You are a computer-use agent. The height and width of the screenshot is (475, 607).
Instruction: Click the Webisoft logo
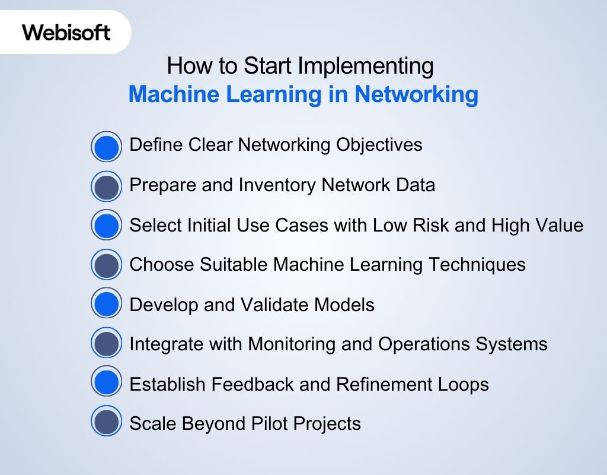pos(66,31)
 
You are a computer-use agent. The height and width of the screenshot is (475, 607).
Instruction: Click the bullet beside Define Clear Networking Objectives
pos(107,146)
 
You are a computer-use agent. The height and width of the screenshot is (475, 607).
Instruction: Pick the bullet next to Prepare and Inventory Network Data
pos(107,186)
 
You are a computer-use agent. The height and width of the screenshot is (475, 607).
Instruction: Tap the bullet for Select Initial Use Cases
pos(107,226)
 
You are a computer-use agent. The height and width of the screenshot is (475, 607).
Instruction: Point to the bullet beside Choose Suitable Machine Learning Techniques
pos(107,265)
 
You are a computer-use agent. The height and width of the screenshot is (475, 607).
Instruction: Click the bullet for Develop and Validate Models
pos(107,305)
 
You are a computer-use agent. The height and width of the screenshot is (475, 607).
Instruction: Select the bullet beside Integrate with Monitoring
pos(107,345)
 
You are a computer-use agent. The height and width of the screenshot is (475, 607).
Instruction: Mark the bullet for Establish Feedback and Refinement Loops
pos(107,384)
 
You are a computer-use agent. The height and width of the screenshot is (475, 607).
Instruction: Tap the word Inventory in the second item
pos(277,185)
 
